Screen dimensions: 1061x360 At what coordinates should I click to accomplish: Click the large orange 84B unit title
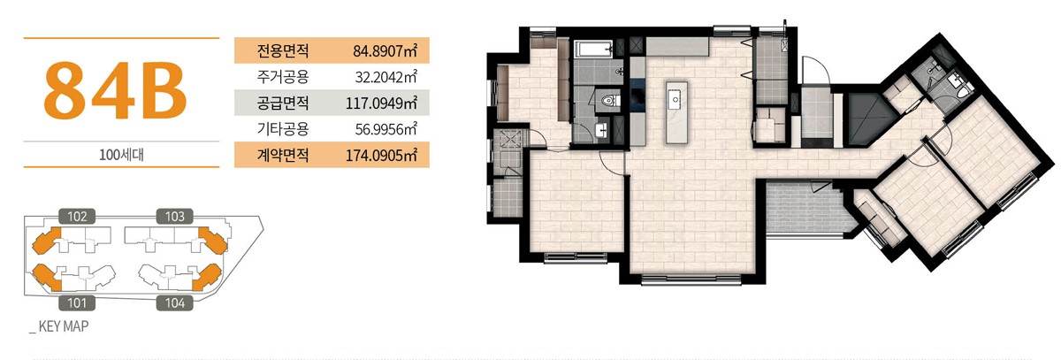tap(116, 90)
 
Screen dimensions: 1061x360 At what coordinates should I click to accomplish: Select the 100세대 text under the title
tap(121, 155)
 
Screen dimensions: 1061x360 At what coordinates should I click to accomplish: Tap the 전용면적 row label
tap(282, 50)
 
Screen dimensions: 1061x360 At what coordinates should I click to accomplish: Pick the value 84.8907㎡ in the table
tap(385, 50)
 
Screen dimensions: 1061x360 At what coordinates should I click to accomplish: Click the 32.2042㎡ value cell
tap(385, 77)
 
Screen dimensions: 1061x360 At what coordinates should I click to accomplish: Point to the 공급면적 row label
tap(282, 103)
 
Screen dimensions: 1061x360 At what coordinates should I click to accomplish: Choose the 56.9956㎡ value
tap(385, 129)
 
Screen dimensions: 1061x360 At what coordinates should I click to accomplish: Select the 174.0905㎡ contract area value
tap(381, 155)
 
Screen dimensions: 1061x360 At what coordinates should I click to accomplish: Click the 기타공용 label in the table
tap(282, 129)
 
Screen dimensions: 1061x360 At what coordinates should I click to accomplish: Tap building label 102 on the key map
tap(77, 217)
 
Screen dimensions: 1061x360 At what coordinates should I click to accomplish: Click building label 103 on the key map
tap(175, 217)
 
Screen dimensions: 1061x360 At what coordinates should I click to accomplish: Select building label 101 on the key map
tap(77, 303)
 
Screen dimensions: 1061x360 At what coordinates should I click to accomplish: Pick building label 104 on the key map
tap(175, 303)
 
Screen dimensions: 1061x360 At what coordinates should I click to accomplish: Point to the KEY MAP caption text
tap(59, 326)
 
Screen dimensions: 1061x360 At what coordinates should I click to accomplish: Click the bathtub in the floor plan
tap(594, 50)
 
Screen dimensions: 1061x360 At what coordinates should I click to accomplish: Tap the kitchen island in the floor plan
tap(677, 112)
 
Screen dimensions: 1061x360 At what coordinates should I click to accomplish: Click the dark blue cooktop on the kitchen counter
tap(638, 96)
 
